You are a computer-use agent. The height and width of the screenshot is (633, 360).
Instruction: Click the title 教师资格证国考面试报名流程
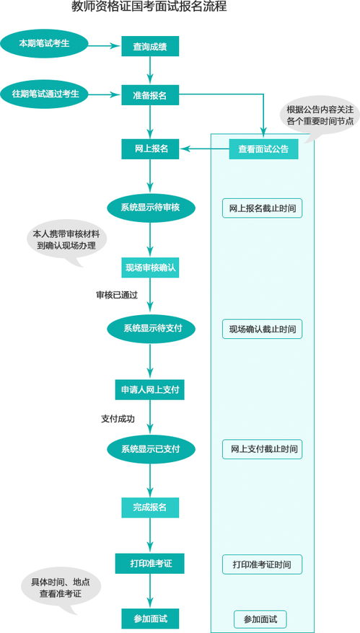pyautogui.click(x=149, y=8)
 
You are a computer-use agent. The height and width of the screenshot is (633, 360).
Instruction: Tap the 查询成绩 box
pyautogui.click(x=150, y=46)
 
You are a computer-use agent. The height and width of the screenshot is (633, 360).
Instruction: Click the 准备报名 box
pyautogui.click(x=150, y=94)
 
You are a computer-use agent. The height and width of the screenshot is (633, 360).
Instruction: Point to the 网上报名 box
pyautogui.click(x=150, y=149)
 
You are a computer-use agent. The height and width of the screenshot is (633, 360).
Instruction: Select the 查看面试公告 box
pyautogui.click(x=263, y=149)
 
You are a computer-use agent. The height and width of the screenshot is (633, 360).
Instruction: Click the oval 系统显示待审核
pyautogui.click(x=150, y=208)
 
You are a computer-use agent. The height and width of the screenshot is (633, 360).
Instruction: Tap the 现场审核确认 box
pyautogui.click(x=150, y=267)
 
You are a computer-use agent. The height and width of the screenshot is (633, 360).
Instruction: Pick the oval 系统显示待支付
pyautogui.click(x=150, y=328)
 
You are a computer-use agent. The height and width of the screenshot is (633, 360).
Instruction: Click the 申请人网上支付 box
pyautogui.click(x=150, y=390)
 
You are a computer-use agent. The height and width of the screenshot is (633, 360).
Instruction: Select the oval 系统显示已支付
pyautogui.click(x=150, y=449)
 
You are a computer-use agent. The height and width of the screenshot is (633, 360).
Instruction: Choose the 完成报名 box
pyautogui.click(x=150, y=507)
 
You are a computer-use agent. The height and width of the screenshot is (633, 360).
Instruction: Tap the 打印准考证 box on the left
pyautogui.click(x=150, y=562)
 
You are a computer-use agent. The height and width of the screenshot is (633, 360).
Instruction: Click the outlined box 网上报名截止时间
pyautogui.click(x=262, y=208)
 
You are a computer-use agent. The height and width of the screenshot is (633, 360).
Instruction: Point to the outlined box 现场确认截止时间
pyautogui.click(x=262, y=329)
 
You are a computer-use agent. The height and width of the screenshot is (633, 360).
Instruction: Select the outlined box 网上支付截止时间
pyautogui.click(x=262, y=449)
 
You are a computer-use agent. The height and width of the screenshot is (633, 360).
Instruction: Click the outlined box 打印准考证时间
pyautogui.click(x=262, y=564)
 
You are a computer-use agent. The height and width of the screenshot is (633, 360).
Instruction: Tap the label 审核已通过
pyautogui.click(x=117, y=295)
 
